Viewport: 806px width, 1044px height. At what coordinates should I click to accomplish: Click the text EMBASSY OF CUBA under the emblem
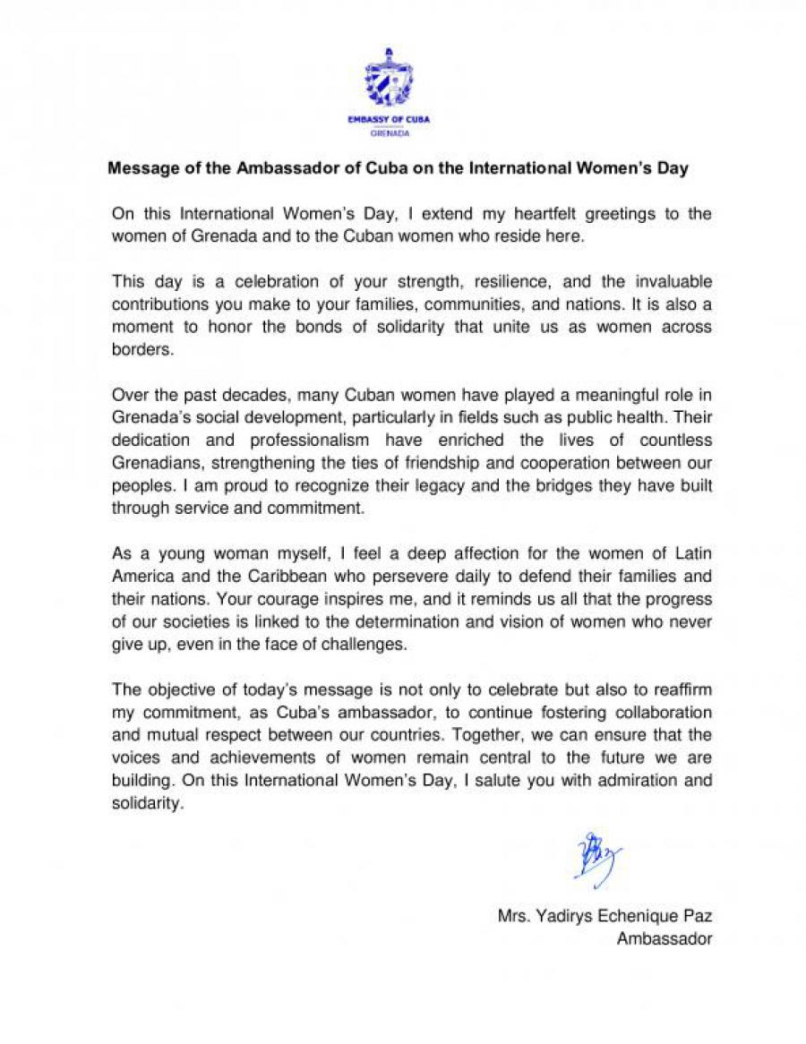tap(389, 119)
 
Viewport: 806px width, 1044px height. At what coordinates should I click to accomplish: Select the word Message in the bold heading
tap(140, 168)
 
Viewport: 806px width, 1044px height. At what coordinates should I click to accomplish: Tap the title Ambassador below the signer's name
tap(665, 939)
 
